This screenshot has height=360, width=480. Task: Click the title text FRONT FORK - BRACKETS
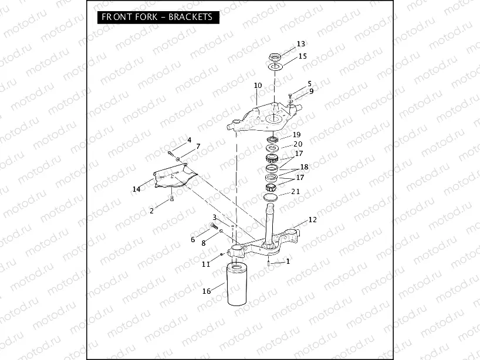(157, 17)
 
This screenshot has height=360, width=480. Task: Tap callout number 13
(301, 44)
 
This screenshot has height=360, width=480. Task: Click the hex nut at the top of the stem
(273, 57)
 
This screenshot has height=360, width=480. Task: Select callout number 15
(302, 56)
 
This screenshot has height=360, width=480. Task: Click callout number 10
(258, 86)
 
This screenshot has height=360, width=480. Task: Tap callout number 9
(312, 91)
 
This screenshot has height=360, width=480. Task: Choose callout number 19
(297, 135)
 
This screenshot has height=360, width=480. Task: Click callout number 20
(298, 144)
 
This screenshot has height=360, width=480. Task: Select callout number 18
(304, 167)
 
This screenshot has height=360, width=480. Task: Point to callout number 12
(312, 220)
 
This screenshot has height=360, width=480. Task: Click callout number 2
(151, 210)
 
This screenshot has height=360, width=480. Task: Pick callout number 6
(192, 240)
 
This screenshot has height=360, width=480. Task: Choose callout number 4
(189, 140)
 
